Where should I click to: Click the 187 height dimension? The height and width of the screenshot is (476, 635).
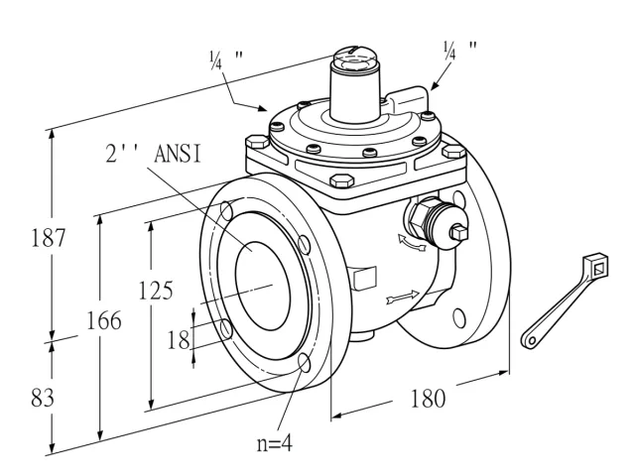point(49,238)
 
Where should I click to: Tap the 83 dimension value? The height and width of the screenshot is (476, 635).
point(42,398)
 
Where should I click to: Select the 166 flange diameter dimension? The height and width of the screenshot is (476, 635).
point(104,321)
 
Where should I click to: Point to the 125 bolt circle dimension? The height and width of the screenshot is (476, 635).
point(156,291)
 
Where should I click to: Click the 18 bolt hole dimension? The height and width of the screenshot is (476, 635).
point(179,339)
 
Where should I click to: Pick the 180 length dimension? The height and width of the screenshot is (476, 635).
point(428,399)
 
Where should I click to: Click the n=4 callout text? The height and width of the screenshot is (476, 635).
point(274,444)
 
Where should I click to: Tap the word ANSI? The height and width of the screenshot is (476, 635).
point(178,155)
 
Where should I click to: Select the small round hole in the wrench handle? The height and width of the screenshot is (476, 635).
point(532,341)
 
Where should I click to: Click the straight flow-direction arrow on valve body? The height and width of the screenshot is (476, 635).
point(403,297)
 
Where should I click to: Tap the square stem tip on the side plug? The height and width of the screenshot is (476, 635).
point(459,233)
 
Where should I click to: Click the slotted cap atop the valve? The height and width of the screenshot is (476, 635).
point(354,59)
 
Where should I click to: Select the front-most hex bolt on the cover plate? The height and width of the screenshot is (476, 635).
point(341,180)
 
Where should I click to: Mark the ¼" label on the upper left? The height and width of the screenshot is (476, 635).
point(226,59)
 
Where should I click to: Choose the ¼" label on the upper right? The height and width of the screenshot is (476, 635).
point(459,51)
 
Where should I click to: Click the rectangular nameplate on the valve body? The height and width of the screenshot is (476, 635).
point(365,278)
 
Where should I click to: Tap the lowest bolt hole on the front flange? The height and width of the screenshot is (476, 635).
point(305,362)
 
